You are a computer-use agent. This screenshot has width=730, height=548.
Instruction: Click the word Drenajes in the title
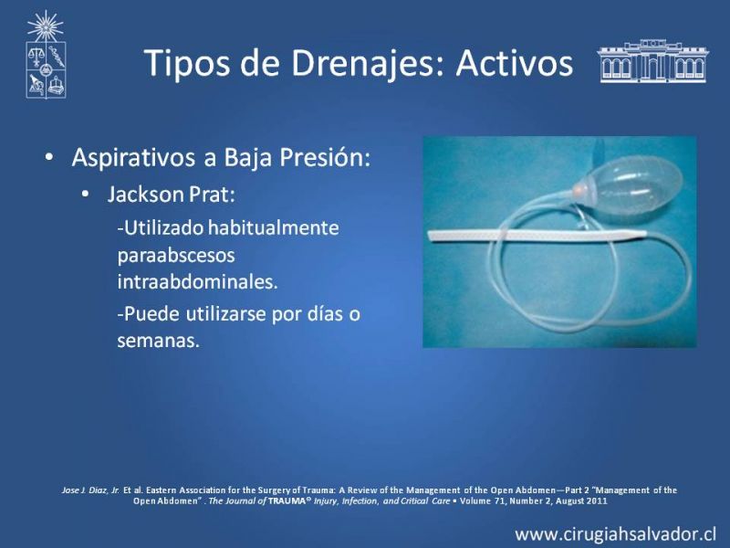click(x=363, y=63)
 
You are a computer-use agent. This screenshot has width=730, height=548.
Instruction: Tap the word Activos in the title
click(x=515, y=62)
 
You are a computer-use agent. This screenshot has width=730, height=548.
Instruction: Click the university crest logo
click(x=46, y=55)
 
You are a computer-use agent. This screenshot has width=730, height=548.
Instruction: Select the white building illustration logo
click(x=652, y=61)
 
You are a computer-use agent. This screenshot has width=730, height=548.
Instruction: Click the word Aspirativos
click(x=133, y=158)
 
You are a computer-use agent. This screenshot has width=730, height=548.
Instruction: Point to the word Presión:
click(x=325, y=157)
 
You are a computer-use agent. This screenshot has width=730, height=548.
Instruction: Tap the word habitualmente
click(x=273, y=227)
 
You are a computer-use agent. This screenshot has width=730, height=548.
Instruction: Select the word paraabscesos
click(x=176, y=256)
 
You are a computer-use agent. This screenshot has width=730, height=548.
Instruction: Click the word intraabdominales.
click(x=197, y=282)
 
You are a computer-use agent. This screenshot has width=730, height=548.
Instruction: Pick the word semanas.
click(x=158, y=341)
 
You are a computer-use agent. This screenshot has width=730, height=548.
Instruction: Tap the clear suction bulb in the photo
click(x=629, y=184)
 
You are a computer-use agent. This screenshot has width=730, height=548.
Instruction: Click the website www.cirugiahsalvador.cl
click(x=615, y=534)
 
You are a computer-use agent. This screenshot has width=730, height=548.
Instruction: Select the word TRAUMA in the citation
click(x=287, y=501)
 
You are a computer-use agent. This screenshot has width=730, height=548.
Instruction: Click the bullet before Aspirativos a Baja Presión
click(x=49, y=158)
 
